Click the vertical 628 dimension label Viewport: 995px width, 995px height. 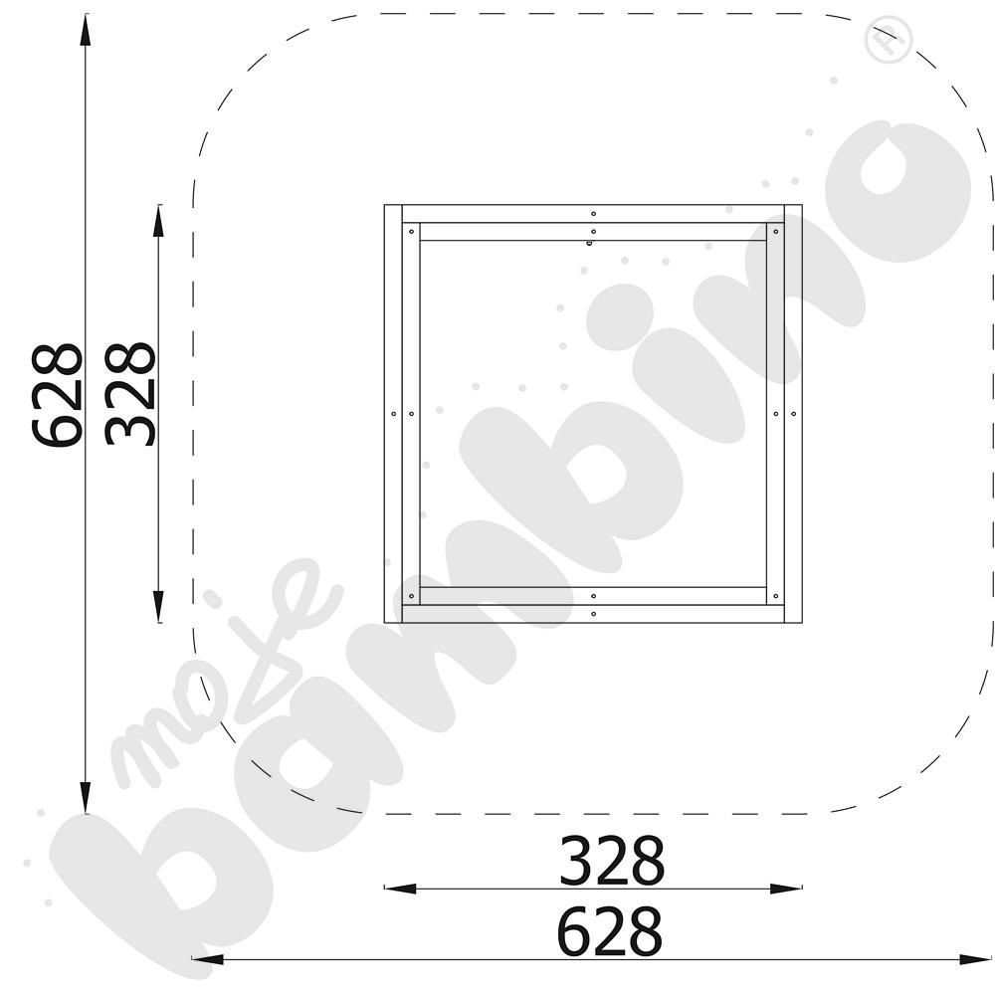pyautogui.click(x=56, y=395)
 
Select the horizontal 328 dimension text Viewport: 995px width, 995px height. pyautogui.click(x=611, y=862)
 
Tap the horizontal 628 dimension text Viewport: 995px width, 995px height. pyautogui.click(x=609, y=931)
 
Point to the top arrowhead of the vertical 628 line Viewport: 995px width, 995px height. pyautogui.click(x=86, y=28)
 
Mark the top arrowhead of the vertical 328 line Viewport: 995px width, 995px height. pyautogui.click(x=158, y=219)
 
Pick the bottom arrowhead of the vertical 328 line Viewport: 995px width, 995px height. pyautogui.click(x=158, y=608)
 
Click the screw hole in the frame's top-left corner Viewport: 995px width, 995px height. pyautogui.click(x=410, y=231)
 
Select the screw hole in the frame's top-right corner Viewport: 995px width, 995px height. pyautogui.click(x=775, y=231)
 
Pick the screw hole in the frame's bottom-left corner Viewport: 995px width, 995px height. pyautogui.click(x=410, y=595)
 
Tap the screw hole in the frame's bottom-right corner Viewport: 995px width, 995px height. pyautogui.click(x=775, y=595)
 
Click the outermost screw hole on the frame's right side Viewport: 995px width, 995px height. pyautogui.click(x=793, y=412)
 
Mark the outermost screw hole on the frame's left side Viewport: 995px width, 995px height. pyautogui.click(x=393, y=413)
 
